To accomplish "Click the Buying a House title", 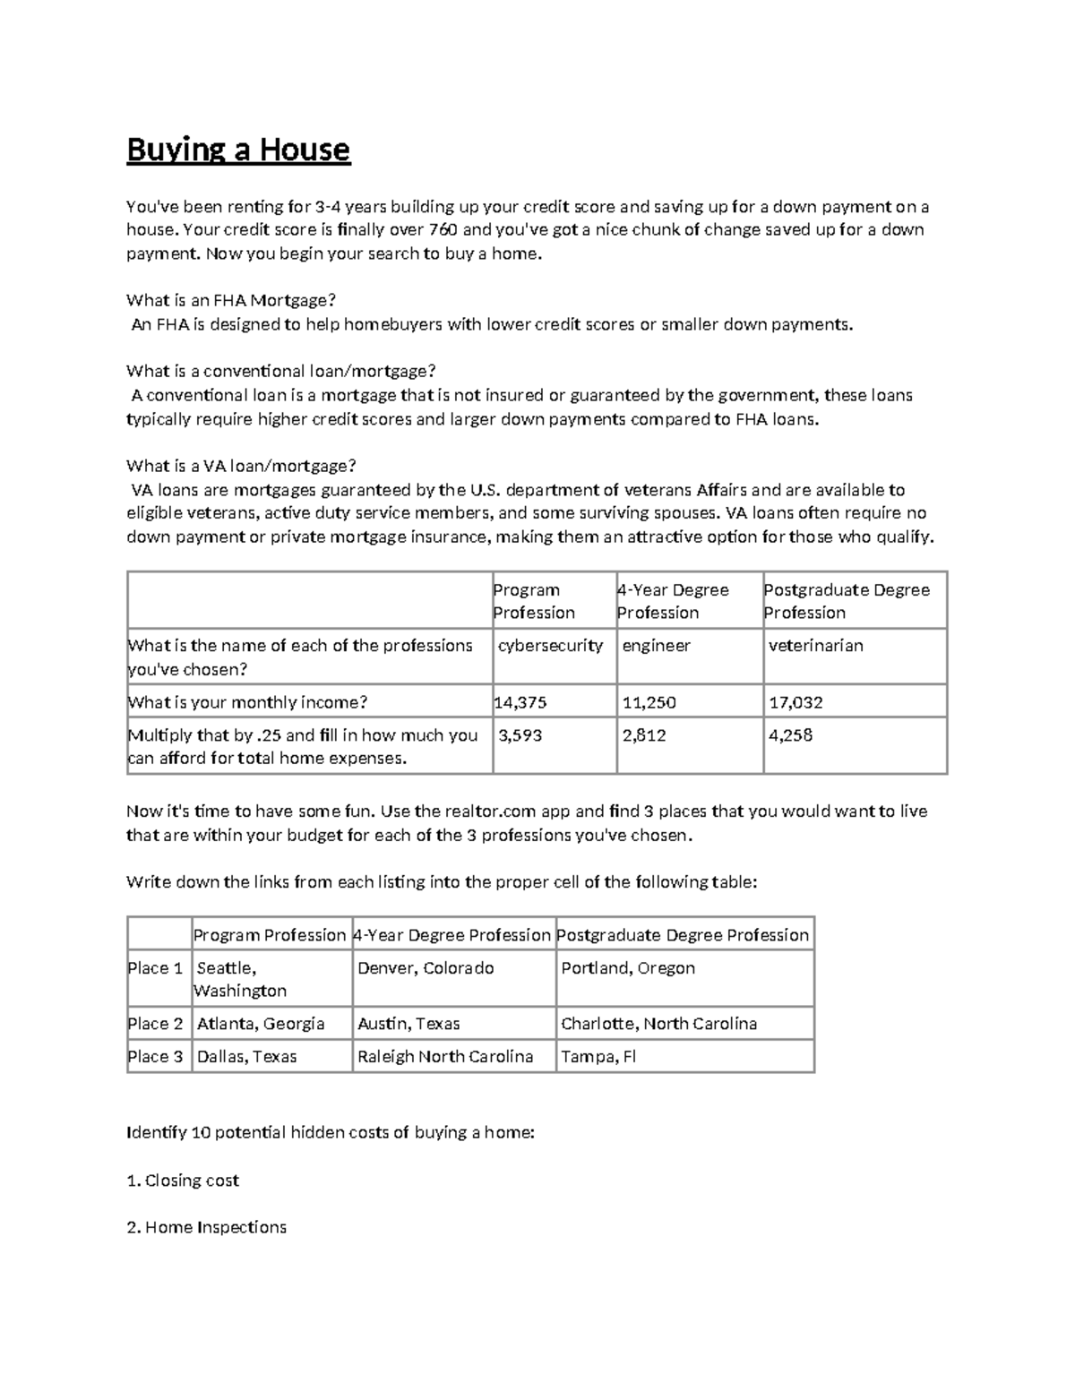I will (238, 150).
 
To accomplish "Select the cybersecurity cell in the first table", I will (550, 646).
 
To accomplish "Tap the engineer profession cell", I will (656, 646).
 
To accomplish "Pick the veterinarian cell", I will (815, 646).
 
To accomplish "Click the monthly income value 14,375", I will (520, 702).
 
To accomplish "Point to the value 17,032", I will (795, 702).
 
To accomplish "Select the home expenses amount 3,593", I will (520, 735).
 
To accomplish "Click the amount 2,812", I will (643, 735).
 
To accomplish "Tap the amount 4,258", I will (790, 735).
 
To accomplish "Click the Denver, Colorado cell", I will (426, 968).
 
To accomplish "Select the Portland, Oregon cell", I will (628, 968).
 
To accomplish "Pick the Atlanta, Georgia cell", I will (261, 1024).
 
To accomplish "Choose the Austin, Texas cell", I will (408, 1024).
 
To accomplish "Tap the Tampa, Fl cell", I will (598, 1057).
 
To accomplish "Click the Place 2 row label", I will (156, 1024).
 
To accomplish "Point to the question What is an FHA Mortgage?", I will (231, 300).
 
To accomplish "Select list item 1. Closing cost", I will (183, 1181).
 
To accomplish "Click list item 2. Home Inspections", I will (207, 1227).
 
